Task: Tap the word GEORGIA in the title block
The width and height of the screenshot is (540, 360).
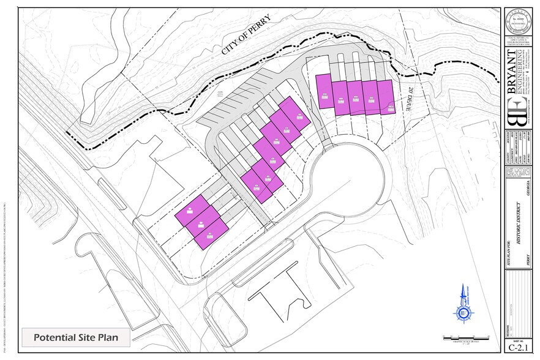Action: point(527,187)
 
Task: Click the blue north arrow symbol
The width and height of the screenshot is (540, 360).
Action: point(464,304)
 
